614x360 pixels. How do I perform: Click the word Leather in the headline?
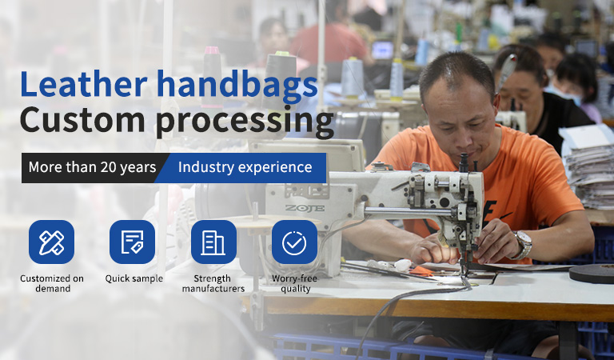(83, 84)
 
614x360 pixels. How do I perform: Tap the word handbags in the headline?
(237, 86)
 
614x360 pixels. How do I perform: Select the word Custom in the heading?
(82, 119)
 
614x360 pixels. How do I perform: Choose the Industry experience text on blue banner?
(245, 167)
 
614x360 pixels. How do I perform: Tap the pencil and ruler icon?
(51, 242)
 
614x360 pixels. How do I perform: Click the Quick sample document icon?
(132, 242)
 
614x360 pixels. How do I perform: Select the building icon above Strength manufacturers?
(213, 242)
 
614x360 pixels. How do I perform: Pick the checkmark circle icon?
(294, 242)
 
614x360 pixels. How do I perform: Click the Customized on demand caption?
(52, 284)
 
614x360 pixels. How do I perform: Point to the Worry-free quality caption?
(295, 284)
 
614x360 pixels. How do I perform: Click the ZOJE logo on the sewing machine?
(305, 208)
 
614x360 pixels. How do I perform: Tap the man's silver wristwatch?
(523, 245)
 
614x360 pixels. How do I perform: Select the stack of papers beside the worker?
(588, 169)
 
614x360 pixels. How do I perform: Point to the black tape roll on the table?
(592, 274)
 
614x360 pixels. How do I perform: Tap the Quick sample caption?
(134, 278)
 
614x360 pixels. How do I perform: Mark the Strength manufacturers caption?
(213, 284)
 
